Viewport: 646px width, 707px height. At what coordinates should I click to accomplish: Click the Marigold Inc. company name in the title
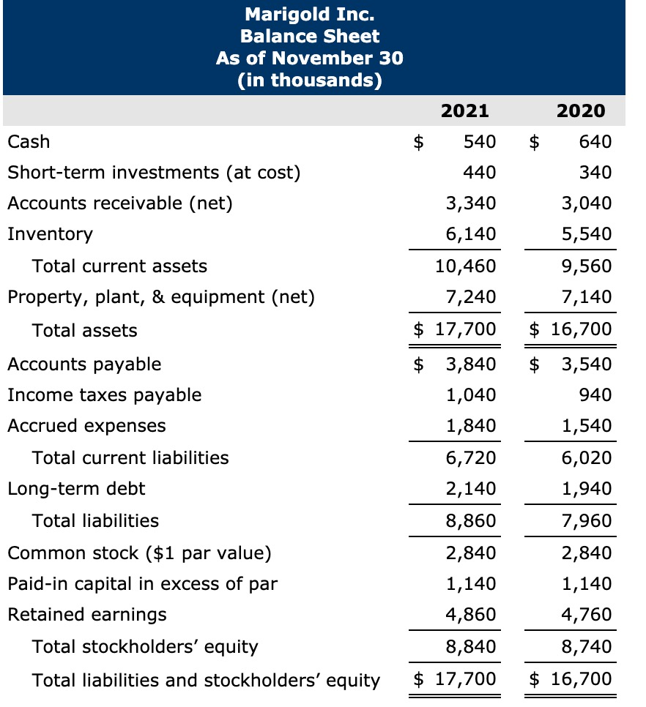309,14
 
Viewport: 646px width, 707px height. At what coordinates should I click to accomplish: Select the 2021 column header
465,111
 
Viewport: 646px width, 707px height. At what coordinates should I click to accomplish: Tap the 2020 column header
581,111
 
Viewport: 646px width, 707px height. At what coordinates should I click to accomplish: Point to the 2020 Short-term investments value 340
595,172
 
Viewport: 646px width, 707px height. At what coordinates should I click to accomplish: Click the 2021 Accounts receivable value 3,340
471,203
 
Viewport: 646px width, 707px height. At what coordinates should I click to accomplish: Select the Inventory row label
50,234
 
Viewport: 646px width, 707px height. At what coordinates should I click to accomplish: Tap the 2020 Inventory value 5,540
587,234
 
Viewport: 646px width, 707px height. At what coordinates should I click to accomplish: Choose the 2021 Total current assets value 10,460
467,266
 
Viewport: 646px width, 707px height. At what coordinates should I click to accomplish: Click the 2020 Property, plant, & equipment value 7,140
587,296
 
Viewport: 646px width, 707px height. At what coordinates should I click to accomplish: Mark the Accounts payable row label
84,364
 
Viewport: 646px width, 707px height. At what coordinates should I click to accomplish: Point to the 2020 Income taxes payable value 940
595,395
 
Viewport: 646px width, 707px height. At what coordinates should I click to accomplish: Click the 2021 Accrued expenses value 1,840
471,426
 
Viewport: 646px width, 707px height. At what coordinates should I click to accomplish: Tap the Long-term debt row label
76,488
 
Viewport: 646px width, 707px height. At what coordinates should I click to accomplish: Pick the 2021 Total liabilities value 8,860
471,520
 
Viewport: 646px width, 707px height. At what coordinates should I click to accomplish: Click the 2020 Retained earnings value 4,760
587,614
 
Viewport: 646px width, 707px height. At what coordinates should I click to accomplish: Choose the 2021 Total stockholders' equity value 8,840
471,646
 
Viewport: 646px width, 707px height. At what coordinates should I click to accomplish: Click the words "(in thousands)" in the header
309,80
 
